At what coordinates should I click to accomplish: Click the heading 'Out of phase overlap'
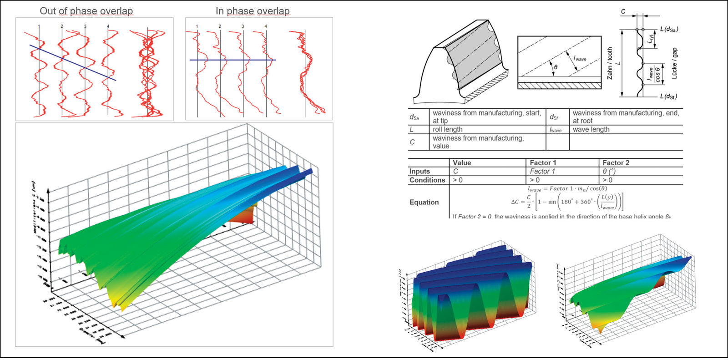click(x=86, y=11)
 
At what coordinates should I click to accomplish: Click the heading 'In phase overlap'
click(x=253, y=11)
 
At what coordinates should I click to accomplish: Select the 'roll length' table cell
click(x=448, y=129)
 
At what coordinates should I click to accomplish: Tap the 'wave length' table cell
click(x=591, y=129)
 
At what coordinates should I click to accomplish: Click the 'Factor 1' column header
click(x=543, y=162)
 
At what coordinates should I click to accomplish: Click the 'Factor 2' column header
click(x=616, y=162)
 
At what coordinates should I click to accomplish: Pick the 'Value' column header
click(x=462, y=162)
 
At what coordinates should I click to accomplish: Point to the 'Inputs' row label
click(x=420, y=171)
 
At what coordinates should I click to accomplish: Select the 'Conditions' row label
click(x=427, y=180)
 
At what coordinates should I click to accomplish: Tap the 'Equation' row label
click(x=424, y=202)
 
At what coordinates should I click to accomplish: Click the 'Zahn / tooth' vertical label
click(x=610, y=63)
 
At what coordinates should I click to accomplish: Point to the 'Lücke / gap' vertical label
click(x=674, y=63)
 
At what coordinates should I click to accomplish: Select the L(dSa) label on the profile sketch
click(x=669, y=30)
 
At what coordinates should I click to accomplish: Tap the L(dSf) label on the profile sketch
click(x=668, y=96)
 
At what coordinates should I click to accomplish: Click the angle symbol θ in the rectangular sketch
click(x=556, y=67)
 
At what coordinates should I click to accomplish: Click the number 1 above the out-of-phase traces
click(x=39, y=26)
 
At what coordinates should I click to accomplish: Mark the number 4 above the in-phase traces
click(x=266, y=26)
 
